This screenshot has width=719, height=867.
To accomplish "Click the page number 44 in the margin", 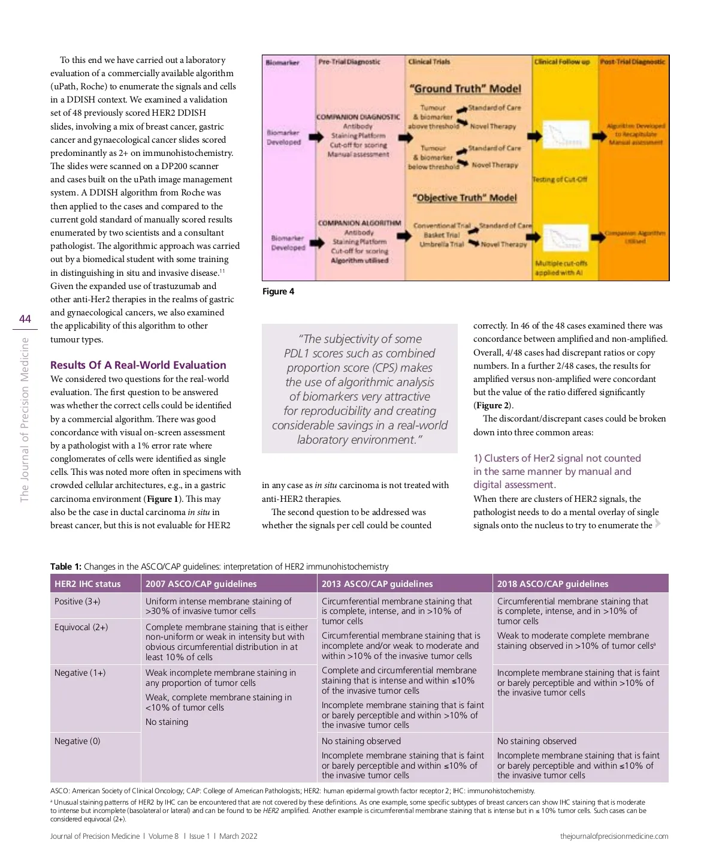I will click(x=25, y=319).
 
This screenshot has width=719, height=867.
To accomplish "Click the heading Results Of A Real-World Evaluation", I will click(x=138, y=365).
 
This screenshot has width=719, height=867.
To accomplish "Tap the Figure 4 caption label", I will click(x=278, y=291).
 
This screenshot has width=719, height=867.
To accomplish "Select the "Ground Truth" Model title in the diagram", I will click(x=465, y=89).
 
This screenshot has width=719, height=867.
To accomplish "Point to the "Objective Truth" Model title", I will click(x=464, y=198).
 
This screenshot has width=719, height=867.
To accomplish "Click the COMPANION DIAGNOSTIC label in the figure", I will click(x=358, y=117).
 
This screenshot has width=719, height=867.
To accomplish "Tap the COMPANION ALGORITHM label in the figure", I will click(x=359, y=223).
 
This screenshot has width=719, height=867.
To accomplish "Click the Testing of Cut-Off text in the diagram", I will click(x=560, y=179).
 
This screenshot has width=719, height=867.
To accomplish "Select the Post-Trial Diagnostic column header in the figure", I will click(x=632, y=62).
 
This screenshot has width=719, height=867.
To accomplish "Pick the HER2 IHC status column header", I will click(x=87, y=584).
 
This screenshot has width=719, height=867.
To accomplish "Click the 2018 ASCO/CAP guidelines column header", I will click(x=552, y=584).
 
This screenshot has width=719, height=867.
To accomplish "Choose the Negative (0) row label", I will click(x=77, y=741).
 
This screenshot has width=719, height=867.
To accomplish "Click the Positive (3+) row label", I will click(x=77, y=601).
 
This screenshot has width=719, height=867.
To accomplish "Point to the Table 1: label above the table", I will click(x=66, y=567).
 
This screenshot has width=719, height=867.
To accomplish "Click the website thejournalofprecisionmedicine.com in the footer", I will click(x=614, y=836).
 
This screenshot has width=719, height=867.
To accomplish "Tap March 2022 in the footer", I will click(x=238, y=836).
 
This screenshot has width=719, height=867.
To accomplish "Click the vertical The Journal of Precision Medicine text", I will click(x=25, y=420).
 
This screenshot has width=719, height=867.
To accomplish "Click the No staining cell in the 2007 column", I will click(x=167, y=722).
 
